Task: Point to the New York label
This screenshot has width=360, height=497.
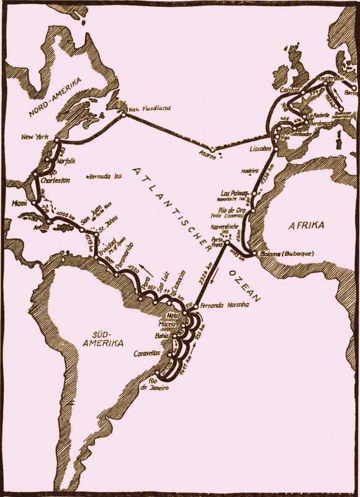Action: (x=35, y=137)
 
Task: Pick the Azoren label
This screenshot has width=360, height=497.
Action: (x=208, y=157)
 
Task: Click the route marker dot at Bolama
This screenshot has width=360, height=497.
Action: (x=254, y=253)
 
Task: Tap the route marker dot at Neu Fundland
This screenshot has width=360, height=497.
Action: (x=125, y=112)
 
